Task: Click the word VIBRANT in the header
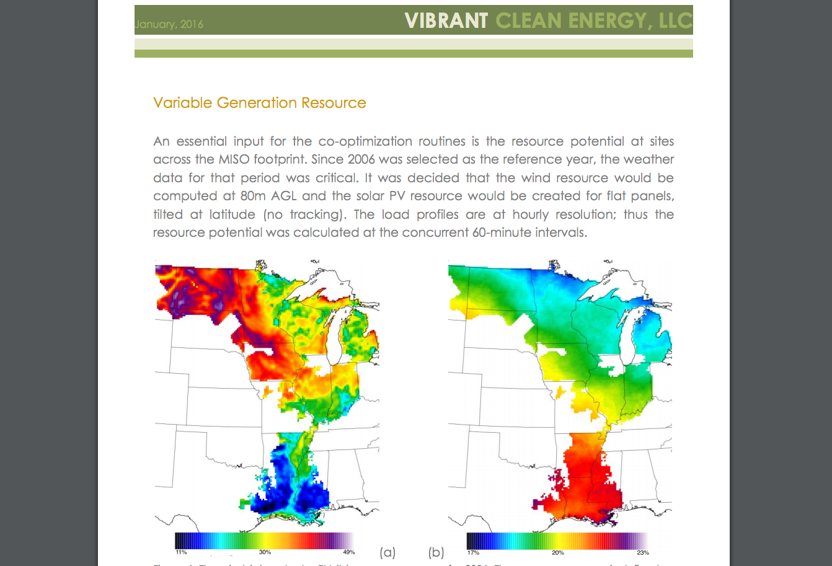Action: [446, 21]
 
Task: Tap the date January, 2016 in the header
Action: [169, 25]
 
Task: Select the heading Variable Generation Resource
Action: [260, 103]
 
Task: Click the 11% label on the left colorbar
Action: [181, 552]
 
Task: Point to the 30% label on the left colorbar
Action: [265, 552]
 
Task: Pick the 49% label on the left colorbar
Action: [348, 552]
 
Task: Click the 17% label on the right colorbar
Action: [473, 552]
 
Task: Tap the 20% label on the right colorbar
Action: [558, 552]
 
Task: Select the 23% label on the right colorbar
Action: [643, 552]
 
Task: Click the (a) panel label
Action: [387, 552]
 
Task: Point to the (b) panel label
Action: [436, 552]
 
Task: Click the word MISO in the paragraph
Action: [234, 159]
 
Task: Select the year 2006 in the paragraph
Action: [361, 159]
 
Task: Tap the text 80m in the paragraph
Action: [253, 196]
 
